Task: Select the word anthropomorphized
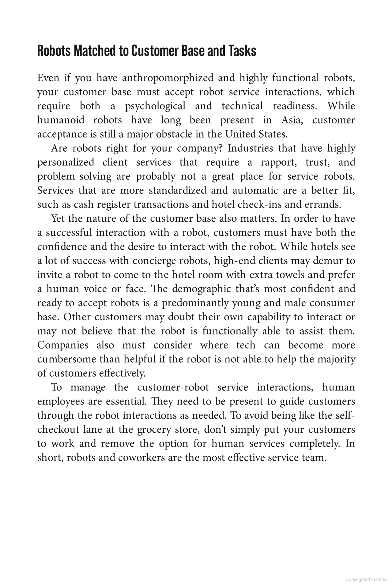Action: point(168,78)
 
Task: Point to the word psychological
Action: point(155,106)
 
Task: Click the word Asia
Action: point(292,120)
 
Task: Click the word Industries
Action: point(250,148)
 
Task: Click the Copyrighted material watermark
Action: point(366,579)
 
